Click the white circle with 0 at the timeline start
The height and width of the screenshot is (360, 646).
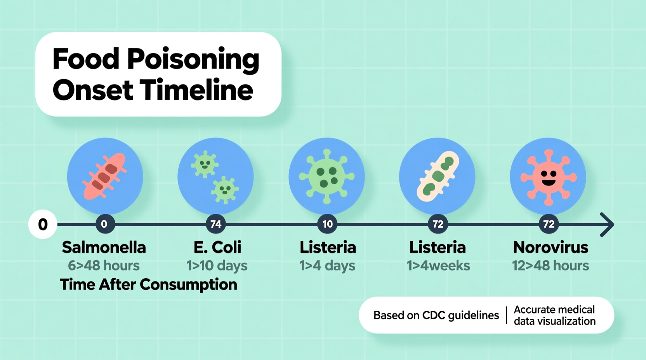43,224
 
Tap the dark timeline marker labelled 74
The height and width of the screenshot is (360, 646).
216,224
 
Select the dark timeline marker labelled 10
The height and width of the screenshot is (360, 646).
327,224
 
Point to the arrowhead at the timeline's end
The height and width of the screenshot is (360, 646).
607,224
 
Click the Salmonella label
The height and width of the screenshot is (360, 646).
104,247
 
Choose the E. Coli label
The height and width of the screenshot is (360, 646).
217,247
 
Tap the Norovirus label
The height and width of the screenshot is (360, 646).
550,247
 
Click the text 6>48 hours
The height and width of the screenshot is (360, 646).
104,266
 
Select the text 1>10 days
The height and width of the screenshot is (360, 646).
217,266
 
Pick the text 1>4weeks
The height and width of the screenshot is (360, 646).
438,266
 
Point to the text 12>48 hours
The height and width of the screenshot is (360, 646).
550,266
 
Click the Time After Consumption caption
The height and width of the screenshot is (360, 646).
149,284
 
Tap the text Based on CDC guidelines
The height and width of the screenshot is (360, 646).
436,315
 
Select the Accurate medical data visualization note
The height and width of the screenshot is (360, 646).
554,315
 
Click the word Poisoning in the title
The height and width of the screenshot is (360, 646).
193,59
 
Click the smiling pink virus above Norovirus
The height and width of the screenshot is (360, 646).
548,177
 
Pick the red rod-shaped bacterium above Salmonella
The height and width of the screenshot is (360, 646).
104,176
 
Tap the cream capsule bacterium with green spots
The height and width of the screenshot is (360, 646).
438,176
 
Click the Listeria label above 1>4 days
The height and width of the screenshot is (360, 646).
328,247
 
